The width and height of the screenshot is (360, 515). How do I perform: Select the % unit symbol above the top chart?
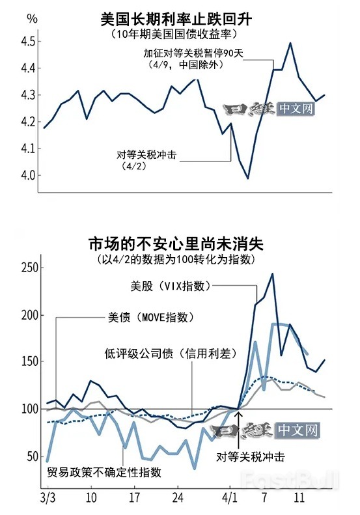tap(14, 18)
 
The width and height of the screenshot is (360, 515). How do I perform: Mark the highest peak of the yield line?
tap(290, 43)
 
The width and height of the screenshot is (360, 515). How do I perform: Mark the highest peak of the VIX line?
tap(272, 274)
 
